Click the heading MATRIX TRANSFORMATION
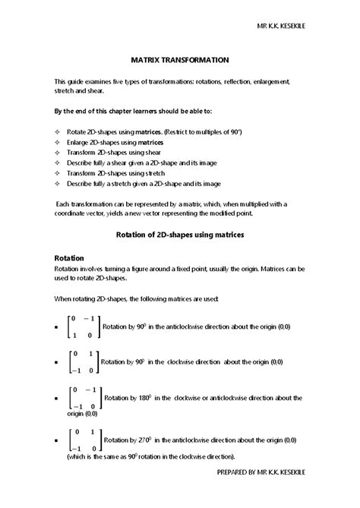point(179,58)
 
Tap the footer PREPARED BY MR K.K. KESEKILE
point(281,494)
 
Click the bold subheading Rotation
point(69,258)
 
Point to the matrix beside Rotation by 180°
point(84,398)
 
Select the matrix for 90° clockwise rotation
point(82,361)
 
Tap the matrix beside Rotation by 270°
point(82,440)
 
